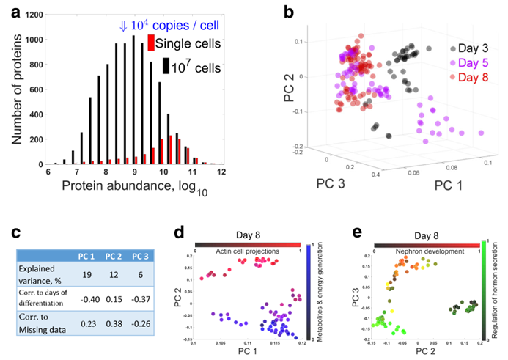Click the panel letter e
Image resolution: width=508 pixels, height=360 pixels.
coord(358,234)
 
